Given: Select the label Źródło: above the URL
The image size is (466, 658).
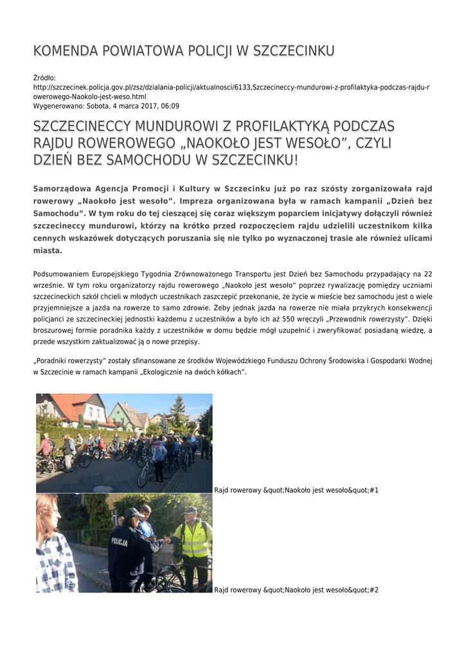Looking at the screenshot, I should [x=44, y=78].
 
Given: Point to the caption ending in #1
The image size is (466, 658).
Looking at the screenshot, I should [x=296, y=490].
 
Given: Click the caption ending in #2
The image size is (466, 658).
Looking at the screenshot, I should [x=296, y=590].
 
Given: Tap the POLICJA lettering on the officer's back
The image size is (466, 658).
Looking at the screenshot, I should [x=120, y=541].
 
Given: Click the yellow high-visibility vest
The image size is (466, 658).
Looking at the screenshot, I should [x=193, y=538].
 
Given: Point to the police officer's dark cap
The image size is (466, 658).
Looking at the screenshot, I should [x=132, y=513].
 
